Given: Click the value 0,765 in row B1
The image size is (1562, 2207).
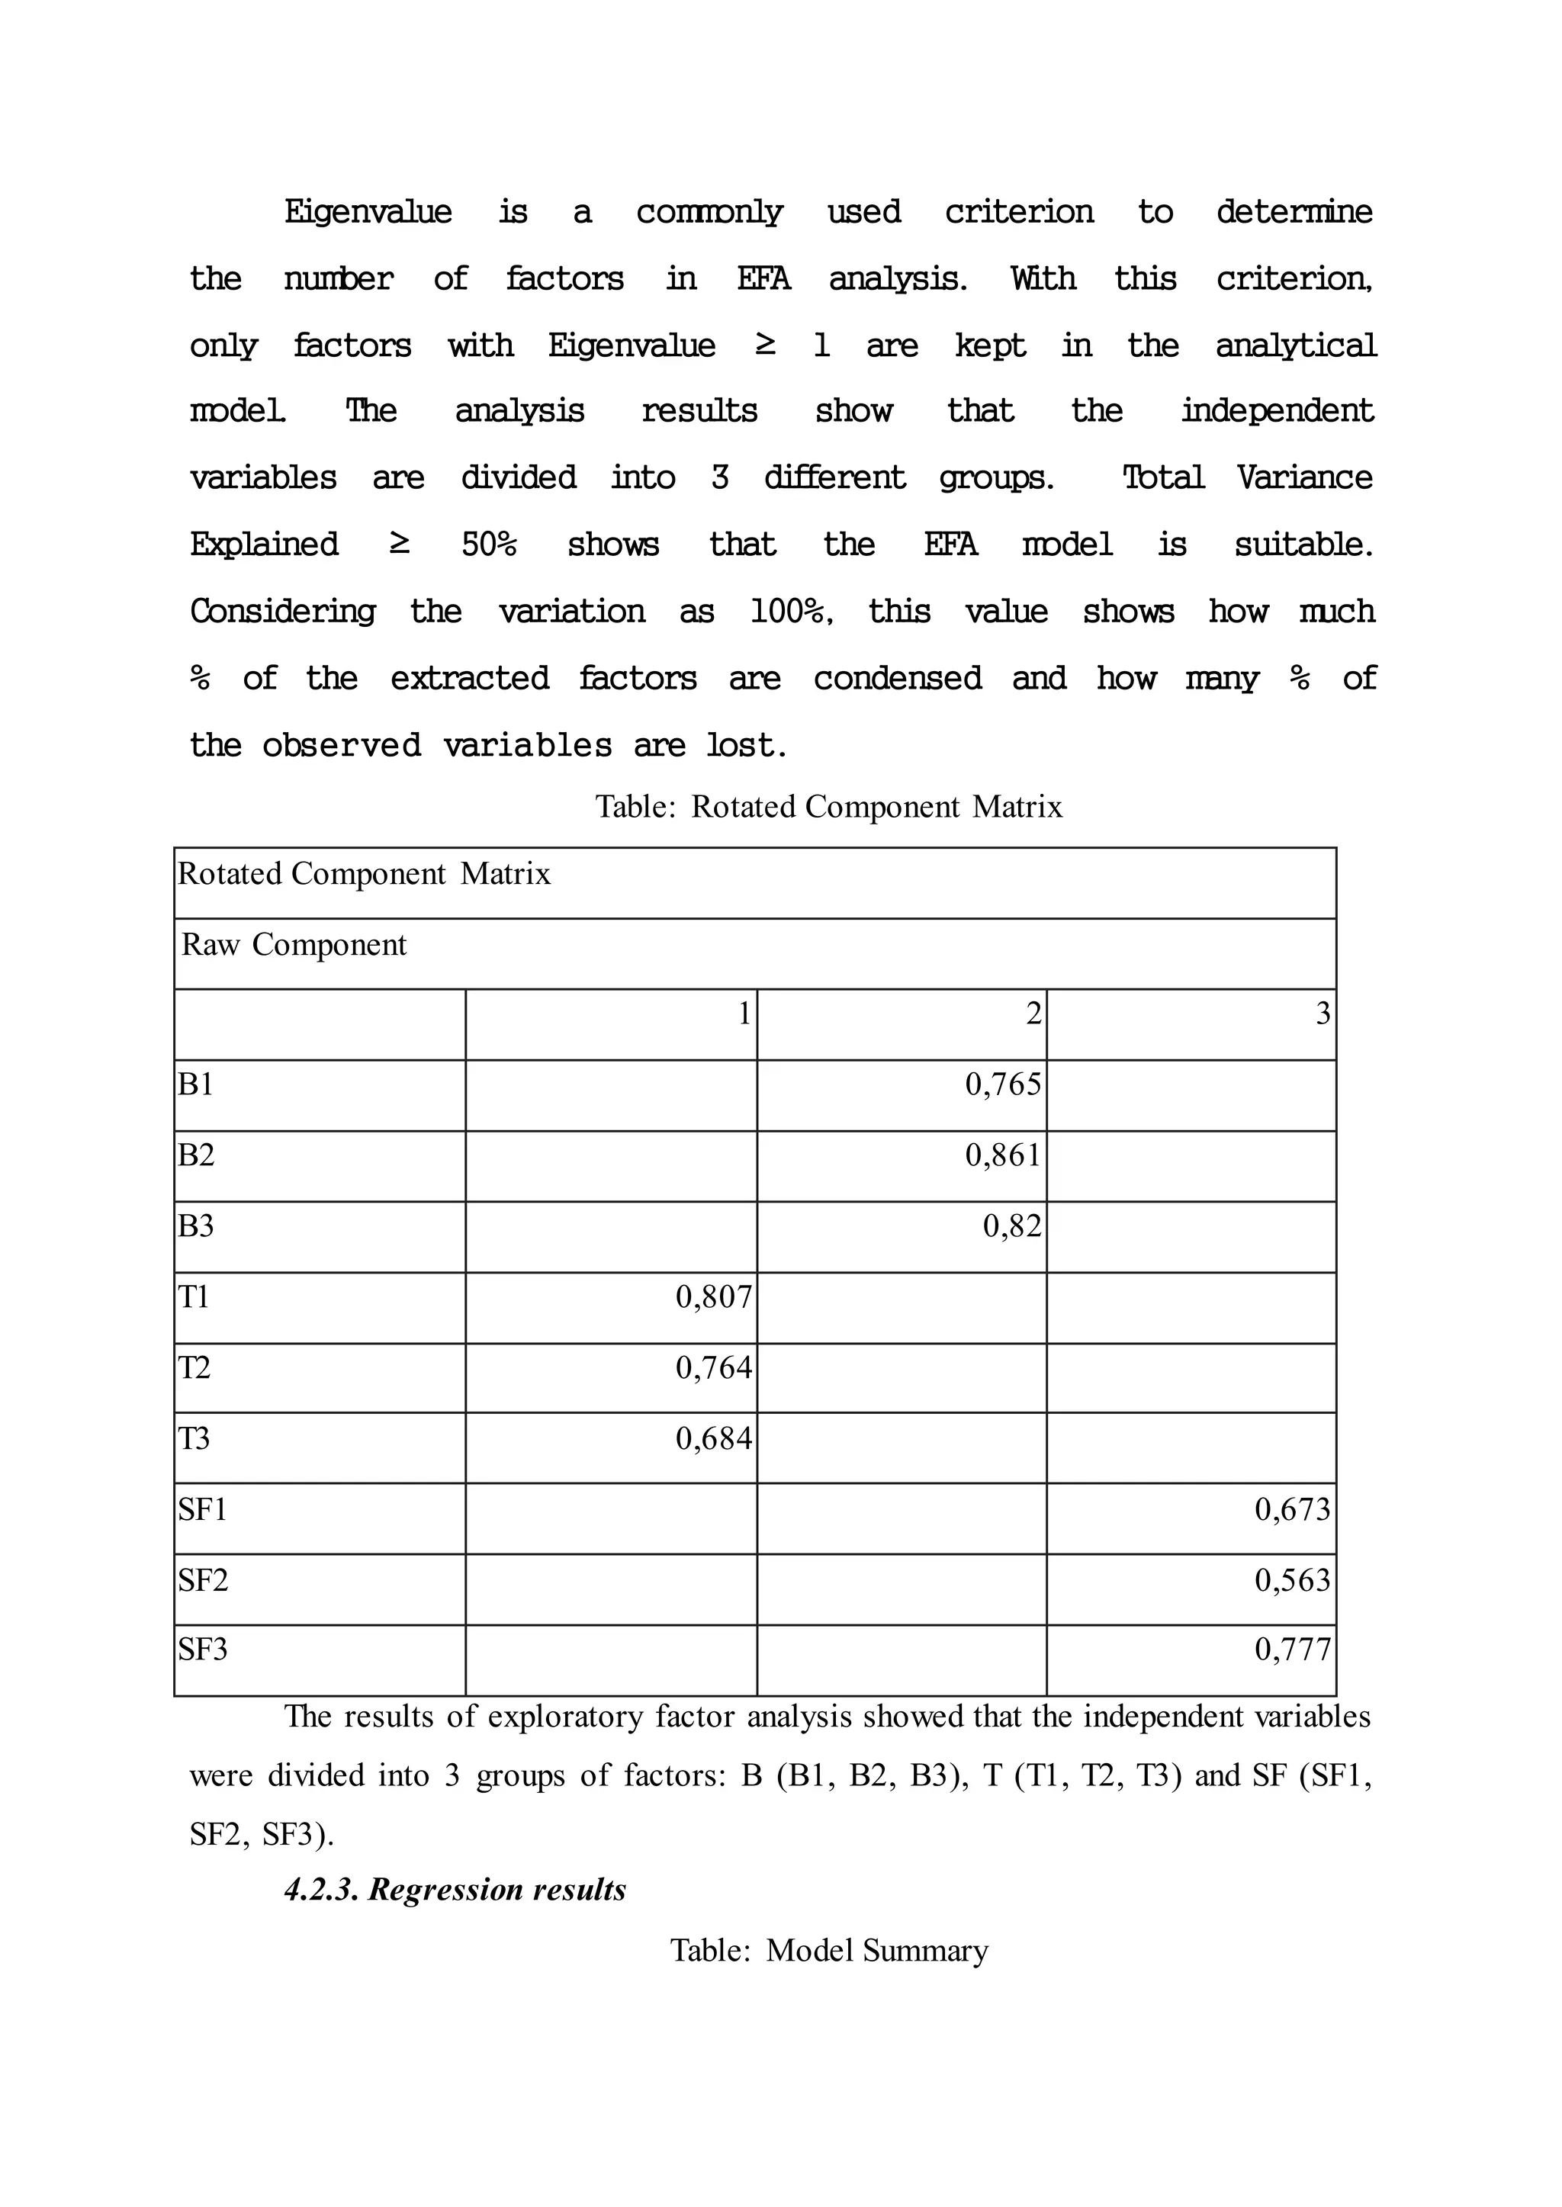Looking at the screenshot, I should [1002, 1084].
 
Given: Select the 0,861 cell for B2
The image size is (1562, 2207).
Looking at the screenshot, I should [1002, 1154].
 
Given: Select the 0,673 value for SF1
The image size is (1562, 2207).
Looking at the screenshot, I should [1292, 1509].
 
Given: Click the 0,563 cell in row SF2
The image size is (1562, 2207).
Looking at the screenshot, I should [1292, 1579].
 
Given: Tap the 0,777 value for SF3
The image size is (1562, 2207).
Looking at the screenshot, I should [1292, 1650].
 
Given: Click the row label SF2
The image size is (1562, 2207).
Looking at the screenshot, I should [203, 1579].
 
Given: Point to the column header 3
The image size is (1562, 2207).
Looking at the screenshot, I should [1323, 1013].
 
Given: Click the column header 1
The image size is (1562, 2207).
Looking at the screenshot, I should [744, 1013].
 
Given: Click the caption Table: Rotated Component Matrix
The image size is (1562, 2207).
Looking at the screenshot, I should [828, 806].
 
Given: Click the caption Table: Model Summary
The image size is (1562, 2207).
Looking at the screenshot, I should [828, 1949].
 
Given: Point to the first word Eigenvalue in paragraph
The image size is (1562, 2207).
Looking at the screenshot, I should [368, 211].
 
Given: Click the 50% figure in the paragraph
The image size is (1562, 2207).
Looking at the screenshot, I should [489, 545].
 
